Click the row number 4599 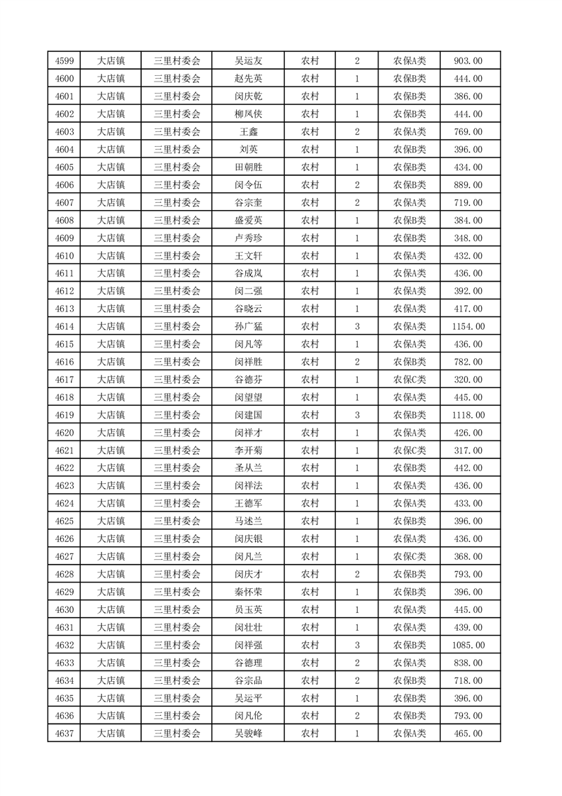tap(64, 61)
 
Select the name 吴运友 tap(248, 61)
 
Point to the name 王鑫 tap(248, 132)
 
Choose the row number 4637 tap(64, 734)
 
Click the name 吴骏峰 tap(248, 734)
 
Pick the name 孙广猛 tap(248, 326)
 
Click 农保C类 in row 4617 tap(410, 380)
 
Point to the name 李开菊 tap(248, 450)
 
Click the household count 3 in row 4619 tap(356, 415)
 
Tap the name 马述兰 tap(248, 521)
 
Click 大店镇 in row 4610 tap(111, 255)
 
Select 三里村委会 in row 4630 tap(177, 609)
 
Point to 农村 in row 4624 tap(310, 504)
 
